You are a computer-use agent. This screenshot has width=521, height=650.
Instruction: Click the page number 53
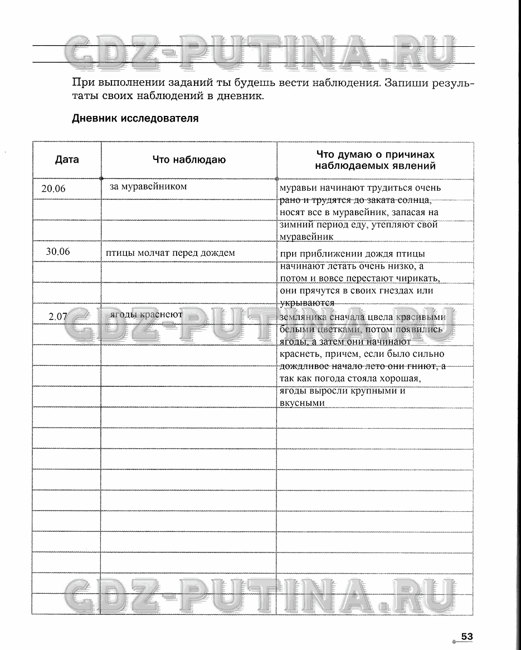click(x=467, y=637)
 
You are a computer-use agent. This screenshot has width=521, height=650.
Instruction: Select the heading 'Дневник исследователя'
click(x=135, y=119)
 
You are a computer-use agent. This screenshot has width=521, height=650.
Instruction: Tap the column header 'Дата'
click(x=67, y=159)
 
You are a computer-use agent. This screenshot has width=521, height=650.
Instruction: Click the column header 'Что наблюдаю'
click(x=189, y=160)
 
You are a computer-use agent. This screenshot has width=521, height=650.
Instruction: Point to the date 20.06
click(x=53, y=189)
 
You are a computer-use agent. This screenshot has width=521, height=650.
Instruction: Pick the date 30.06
click(x=58, y=251)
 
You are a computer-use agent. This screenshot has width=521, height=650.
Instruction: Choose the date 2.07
click(x=57, y=317)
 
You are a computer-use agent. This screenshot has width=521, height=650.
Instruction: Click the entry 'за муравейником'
click(x=148, y=187)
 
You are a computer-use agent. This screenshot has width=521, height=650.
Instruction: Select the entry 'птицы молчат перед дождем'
click(x=171, y=253)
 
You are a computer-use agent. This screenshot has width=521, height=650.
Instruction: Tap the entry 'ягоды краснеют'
click(x=147, y=314)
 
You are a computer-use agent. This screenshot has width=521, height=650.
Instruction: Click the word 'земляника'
click(x=303, y=318)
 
